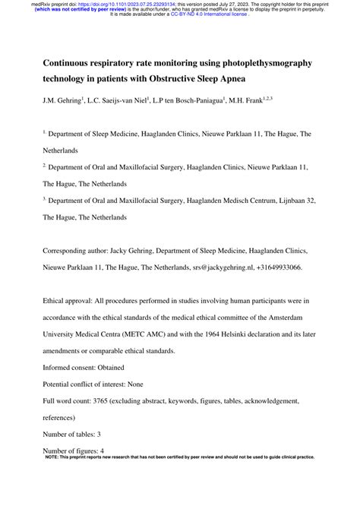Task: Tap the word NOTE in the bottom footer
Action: [x=55, y=457]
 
